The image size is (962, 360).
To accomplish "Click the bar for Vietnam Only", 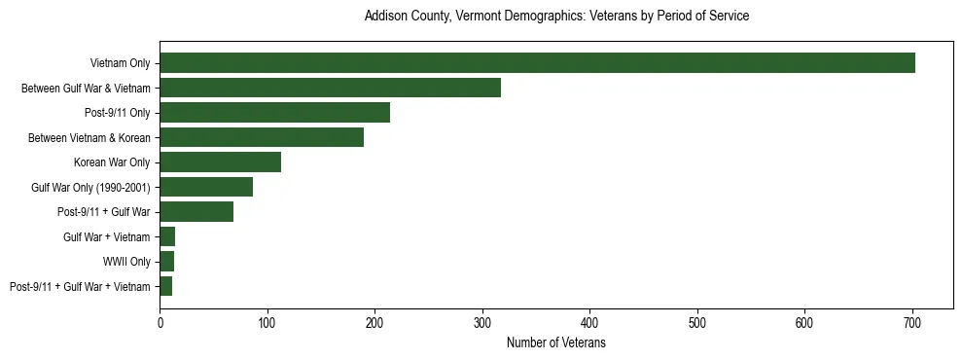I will click(x=537, y=63).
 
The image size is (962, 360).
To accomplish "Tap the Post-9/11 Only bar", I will click(x=274, y=113).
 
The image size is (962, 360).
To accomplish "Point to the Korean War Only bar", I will click(x=220, y=162).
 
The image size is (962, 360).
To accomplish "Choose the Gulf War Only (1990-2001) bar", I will click(x=206, y=187).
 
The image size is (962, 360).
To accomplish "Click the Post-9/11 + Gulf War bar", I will click(x=196, y=212).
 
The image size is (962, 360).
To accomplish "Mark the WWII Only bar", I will click(x=166, y=261).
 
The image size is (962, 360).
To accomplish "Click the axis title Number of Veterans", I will click(x=556, y=343).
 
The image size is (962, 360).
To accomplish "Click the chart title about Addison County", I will click(x=556, y=17).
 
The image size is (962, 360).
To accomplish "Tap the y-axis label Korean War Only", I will click(x=112, y=162).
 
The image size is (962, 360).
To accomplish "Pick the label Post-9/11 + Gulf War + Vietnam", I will click(x=80, y=286).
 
